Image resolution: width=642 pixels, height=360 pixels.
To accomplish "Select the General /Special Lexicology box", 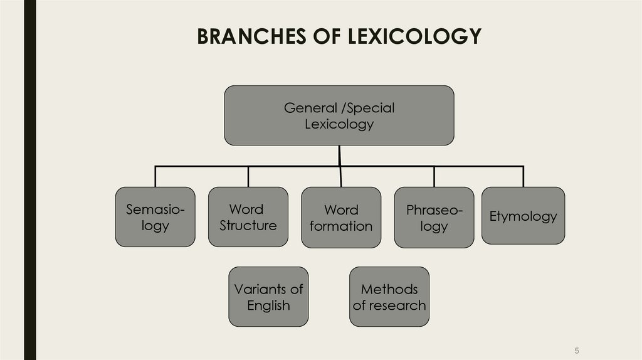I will tap(339, 115).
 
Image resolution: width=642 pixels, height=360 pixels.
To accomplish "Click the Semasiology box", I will tap(155, 216).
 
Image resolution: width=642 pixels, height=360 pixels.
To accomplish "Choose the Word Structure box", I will tap(248, 216).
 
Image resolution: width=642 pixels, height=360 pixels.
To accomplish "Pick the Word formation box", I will tap(341, 217).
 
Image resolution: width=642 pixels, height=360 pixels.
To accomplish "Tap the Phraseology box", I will tap(434, 217).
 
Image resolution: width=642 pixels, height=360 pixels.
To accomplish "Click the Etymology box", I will tap(523, 215).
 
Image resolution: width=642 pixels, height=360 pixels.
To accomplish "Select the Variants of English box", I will tap(268, 297).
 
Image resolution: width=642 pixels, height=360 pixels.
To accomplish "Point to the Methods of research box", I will tap(389, 297).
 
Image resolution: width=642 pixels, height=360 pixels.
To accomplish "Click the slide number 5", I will tap(576, 350).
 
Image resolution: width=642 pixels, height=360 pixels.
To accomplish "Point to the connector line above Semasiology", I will tap(155, 176).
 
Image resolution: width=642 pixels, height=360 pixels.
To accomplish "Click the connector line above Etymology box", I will tap(523, 176).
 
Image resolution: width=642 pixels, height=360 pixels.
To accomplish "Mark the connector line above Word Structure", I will tap(248, 176).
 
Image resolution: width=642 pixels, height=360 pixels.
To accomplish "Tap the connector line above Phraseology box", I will tap(434, 176).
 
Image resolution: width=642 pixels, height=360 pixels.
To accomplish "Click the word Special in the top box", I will tap(371, 108).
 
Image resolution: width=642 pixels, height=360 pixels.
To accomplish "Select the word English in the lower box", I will tap(268, 305).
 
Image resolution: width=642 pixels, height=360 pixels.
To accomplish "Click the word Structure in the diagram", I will tap(248, 225).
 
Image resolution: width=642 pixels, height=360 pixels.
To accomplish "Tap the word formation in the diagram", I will tap(341, 226).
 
